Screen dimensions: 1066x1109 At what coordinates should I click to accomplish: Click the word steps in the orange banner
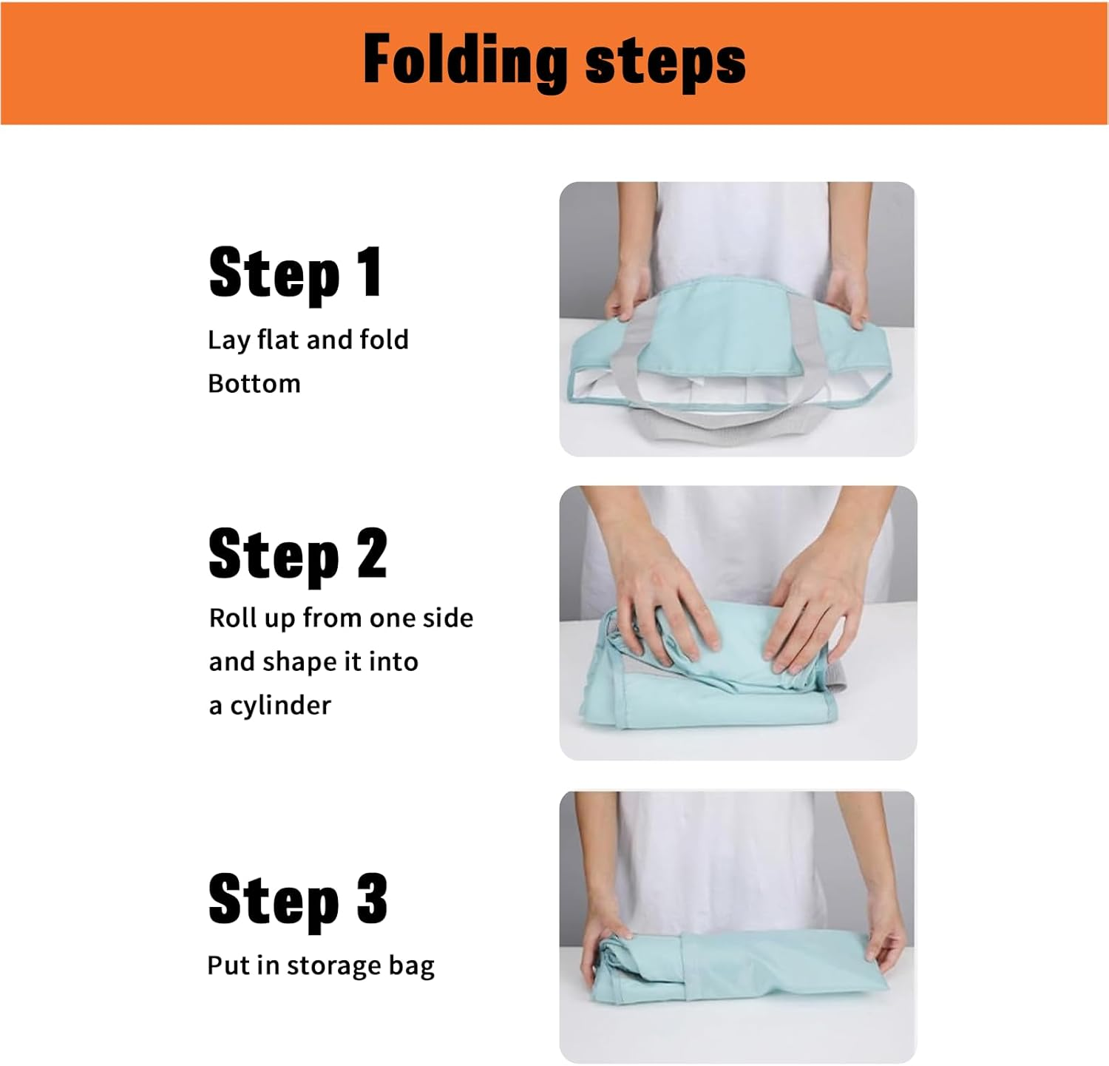665,62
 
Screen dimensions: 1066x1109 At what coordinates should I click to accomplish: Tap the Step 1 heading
295,273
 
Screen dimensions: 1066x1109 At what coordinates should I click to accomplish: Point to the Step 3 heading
297,900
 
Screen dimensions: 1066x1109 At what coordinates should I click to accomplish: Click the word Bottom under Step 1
254,384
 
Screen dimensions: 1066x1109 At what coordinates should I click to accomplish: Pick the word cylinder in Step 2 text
280,705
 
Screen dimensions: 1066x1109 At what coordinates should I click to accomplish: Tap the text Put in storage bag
321,965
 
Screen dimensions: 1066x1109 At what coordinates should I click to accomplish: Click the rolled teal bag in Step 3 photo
739,969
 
